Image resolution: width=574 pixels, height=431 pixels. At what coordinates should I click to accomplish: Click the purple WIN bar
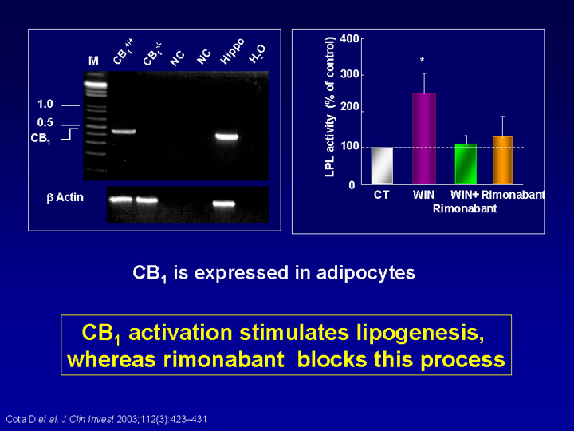coord(424,138)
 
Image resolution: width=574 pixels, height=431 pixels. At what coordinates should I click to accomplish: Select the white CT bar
coord(382,165)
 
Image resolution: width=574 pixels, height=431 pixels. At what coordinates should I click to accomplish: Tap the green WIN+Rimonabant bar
coord(466,164)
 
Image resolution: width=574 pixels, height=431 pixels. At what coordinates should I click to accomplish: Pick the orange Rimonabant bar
coord(502,160)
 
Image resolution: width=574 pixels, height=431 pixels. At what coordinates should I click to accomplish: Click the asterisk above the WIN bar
coord(422,60)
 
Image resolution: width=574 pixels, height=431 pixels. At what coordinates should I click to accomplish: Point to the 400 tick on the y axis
coord(349,38)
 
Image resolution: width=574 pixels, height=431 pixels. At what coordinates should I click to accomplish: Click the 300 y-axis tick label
coord(349,74)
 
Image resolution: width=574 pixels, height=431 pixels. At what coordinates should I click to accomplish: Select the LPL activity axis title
coord(330,107)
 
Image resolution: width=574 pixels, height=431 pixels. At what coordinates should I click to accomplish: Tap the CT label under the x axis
coord(381,195)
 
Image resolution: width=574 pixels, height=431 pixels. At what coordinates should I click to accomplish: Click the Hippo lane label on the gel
coord(232,51)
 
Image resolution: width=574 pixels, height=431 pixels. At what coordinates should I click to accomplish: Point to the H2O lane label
coord(258,54)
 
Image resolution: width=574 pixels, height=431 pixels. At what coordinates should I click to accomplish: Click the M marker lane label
coord(93,61)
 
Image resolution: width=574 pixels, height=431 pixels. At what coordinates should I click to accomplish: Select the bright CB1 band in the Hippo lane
coord(226,136)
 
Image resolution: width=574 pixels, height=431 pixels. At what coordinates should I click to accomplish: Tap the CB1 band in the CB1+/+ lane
coord(124,131)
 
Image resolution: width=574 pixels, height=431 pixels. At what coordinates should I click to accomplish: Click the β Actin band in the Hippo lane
coord(224,204)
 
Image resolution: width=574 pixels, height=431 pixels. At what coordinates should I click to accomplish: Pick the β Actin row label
coord(65,198)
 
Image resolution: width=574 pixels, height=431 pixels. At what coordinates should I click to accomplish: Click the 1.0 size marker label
coord(45,104)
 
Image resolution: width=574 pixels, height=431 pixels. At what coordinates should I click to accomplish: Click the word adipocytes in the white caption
coord(366,273)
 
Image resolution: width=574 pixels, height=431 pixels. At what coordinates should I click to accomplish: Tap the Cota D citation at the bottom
coord(107,419)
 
